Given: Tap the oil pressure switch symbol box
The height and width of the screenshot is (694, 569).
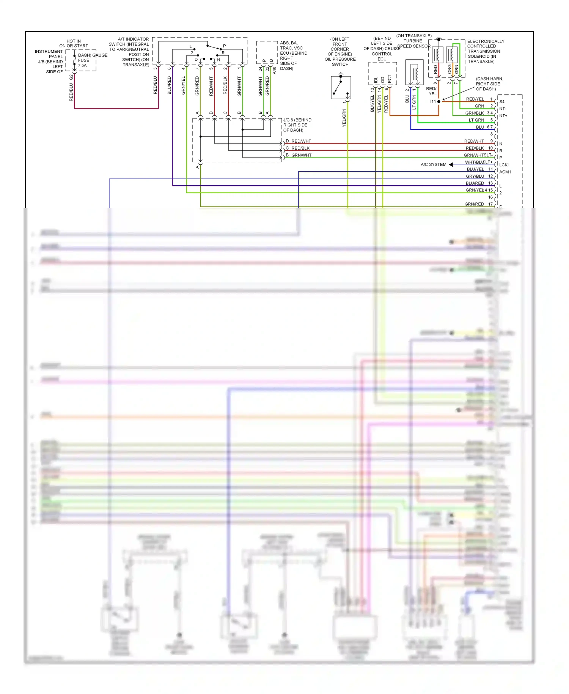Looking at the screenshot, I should [x=341, y=88].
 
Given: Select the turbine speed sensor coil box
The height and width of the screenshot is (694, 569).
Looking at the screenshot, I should [x=414, y=72].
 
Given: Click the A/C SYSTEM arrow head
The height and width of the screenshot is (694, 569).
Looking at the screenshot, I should [x=451, y=164].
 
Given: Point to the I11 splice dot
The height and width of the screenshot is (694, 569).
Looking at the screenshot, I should [x=439, y=101].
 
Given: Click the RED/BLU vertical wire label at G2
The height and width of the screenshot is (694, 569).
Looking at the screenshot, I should [x=71, y=92].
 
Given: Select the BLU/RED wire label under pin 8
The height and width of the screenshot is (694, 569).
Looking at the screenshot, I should [x=169, y=85].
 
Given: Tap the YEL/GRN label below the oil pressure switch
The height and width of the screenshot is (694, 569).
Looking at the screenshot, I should [x=344, y=118].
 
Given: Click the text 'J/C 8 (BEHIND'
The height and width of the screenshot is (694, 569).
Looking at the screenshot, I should [x=297, y=120].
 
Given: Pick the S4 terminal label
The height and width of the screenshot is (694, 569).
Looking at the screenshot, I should [x=502, y=102].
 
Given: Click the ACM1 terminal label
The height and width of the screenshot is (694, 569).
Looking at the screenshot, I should [x=505, y=172].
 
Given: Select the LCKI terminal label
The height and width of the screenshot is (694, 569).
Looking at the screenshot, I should [x=504, y=165].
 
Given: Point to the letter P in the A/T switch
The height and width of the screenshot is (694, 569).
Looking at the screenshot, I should [x=224, y=46].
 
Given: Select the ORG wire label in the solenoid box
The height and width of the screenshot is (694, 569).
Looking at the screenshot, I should [x=450, y=69].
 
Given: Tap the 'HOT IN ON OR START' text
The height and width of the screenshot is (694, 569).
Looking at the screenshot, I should [x=74, y=43].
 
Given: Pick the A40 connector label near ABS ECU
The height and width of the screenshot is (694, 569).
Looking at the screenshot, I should [x=274, y=70].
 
